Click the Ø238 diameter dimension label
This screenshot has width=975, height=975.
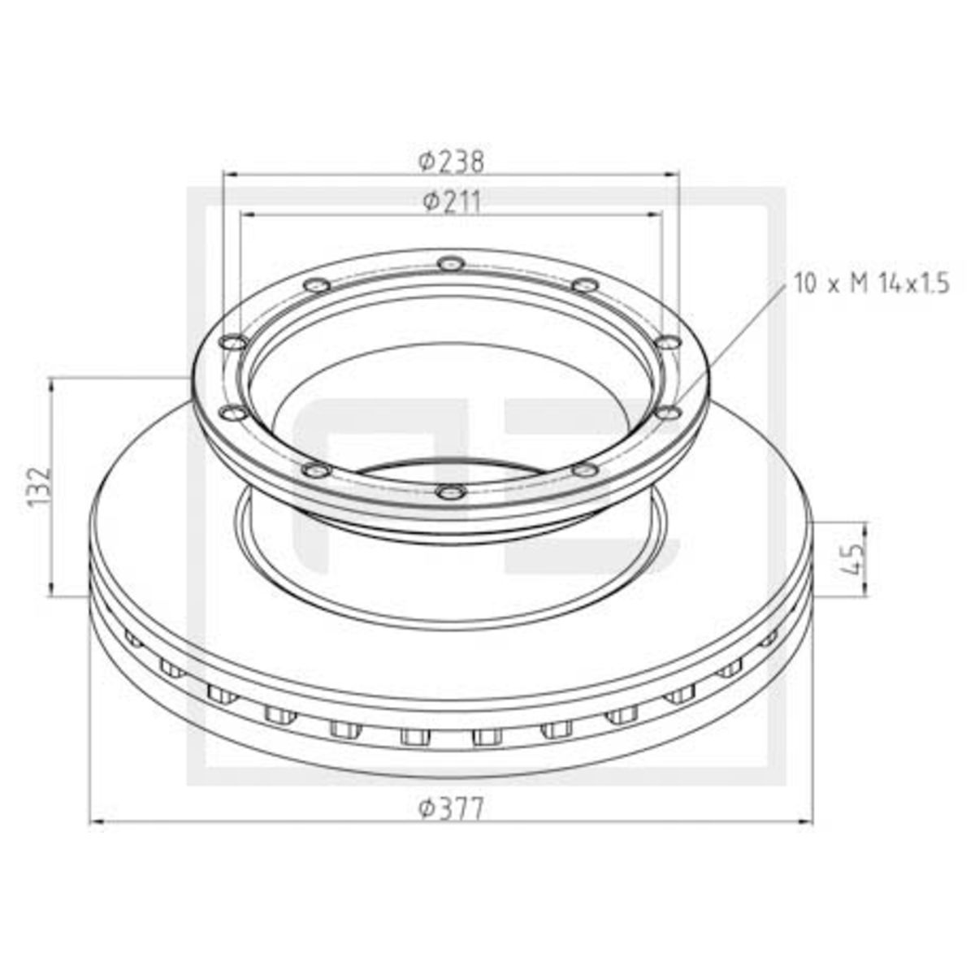[451, 162]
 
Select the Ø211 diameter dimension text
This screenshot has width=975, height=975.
[451, 202]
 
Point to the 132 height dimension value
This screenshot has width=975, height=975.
[40, 486]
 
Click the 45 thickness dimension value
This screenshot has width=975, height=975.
[854, 560]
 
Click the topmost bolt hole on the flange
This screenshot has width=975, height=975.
[452, 263]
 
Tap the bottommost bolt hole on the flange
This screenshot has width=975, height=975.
[452, 492]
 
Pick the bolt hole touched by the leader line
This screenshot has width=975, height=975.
[669, 414]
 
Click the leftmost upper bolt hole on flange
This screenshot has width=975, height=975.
[233, 343]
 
